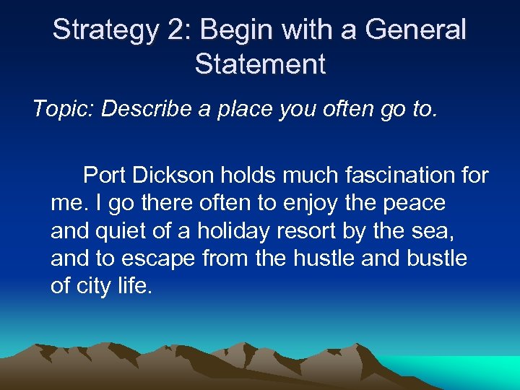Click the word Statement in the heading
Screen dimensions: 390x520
(260, 64)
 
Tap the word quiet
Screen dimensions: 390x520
(127, 231)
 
